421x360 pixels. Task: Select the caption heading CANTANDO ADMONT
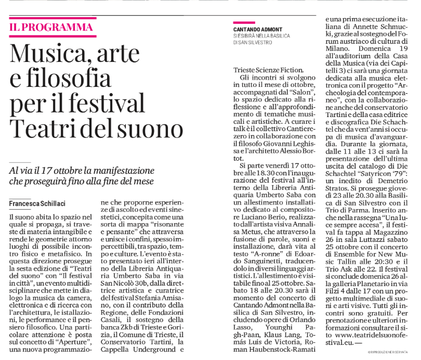258,29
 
